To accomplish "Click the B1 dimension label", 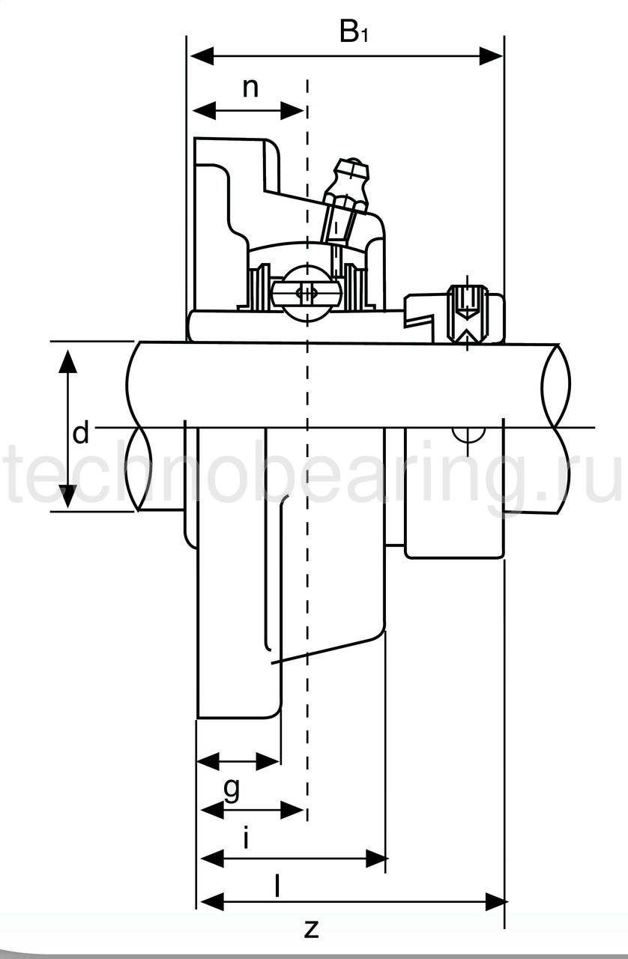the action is [354, 32].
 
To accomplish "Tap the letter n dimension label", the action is [250, 88].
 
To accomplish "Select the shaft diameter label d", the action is [80, 433].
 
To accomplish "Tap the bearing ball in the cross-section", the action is [307, 293].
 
